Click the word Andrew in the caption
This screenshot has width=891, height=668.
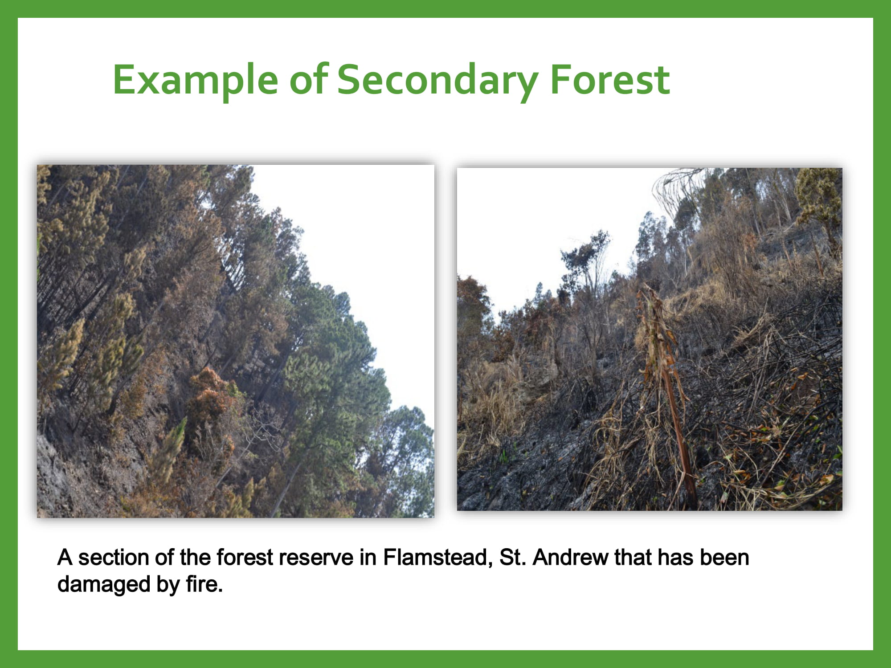[x=570, y=557]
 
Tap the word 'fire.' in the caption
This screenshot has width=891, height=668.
[x=204, y=584]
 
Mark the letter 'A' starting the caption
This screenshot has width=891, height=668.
[x=65, y=558]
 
